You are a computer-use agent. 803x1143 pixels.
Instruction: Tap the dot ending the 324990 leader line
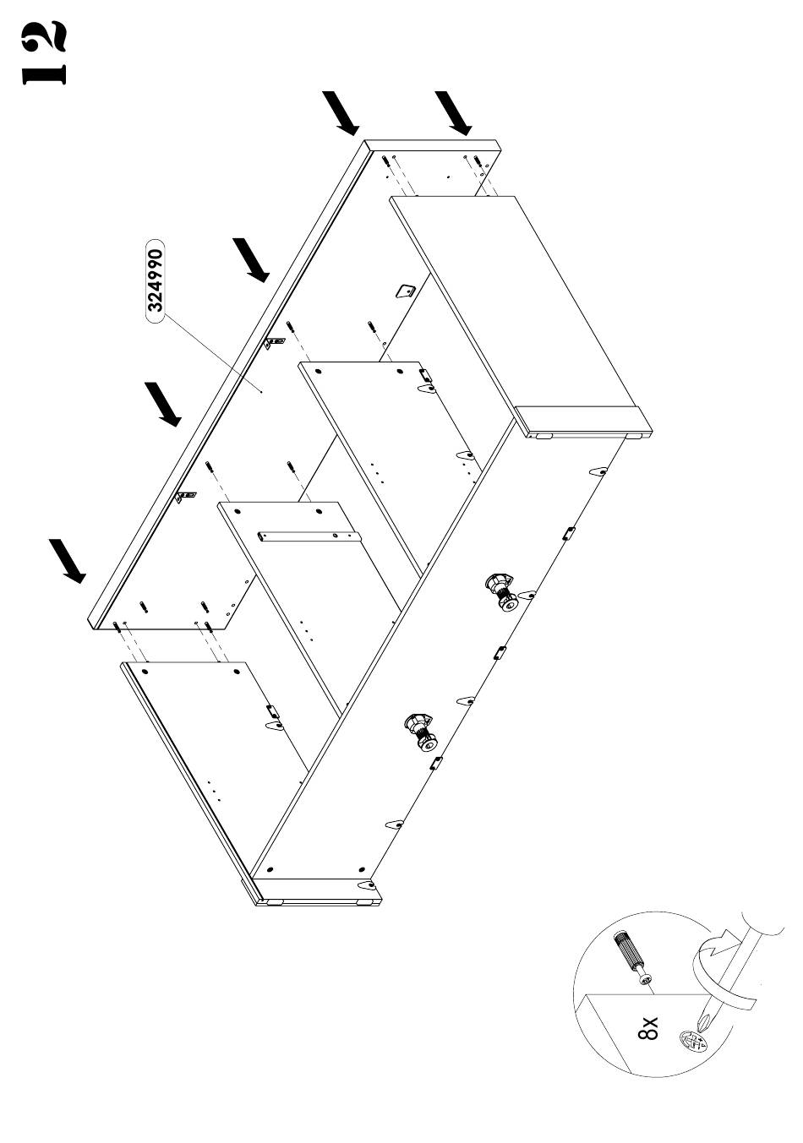262,392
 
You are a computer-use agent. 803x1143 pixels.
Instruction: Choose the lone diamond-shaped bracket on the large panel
405,291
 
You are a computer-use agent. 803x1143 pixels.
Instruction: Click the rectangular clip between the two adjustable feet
499,652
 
